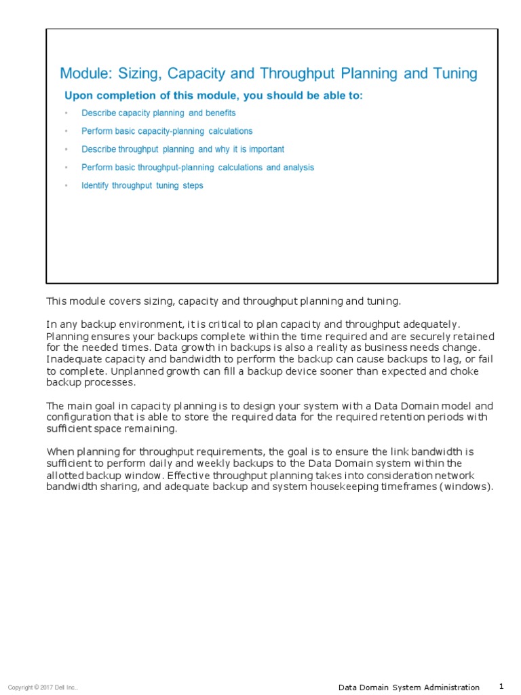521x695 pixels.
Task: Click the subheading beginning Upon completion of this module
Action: pos(213,96)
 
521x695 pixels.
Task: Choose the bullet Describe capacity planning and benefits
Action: pos(158,113)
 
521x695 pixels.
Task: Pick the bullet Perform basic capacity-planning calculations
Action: pos(167,131)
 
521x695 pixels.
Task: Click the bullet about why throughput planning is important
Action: pos(182,149)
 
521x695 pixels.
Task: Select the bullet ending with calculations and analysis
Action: pos(197,167)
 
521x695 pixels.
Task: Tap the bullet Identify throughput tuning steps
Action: pos(142,185)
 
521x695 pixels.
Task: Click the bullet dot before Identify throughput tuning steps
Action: pos(66,185)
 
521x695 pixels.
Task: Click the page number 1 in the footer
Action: pos(501,686)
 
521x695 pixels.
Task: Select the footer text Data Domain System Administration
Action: pos(408,688)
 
